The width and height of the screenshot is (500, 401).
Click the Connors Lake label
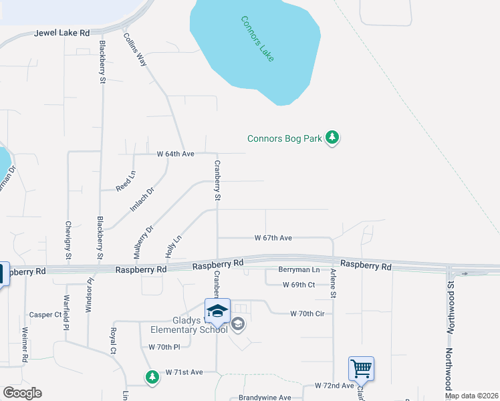tap(257, 38)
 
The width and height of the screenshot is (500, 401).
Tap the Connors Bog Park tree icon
tap(332, 138)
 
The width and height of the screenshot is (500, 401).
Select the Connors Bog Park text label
tap(284, 139)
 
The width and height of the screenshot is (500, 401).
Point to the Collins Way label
tap(136, 49)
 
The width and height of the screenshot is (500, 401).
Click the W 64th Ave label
tap(175, 154)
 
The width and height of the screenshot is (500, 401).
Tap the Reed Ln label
tap(126, 181)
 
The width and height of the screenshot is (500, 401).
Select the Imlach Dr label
tap(141, 200)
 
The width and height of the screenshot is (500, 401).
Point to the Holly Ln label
tap(173, 247)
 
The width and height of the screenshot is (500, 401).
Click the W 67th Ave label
tap(273, 238)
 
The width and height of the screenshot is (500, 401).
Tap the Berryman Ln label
tap(299, 269)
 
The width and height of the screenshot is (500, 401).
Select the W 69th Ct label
tap(298, 285)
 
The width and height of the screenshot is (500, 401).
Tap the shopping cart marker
tap(360, 368)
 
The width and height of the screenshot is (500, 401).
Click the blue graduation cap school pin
tap(217, 311)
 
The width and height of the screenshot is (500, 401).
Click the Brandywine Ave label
tap(265, 398)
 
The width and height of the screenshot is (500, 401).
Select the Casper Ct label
tap(45, 314)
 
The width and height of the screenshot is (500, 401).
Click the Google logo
tap(22, 393)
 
